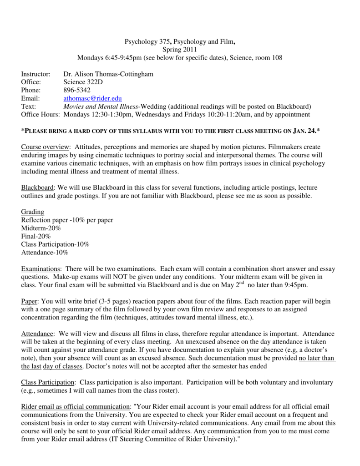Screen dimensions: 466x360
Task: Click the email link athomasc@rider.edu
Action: click(92, 98)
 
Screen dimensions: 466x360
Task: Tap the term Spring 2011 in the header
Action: click(179, 50)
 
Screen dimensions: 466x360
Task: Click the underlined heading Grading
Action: click(33, 212)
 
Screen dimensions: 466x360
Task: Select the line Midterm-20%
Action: click(41, 228)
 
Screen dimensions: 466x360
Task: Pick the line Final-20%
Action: click(36, 236)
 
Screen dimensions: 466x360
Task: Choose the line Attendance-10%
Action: click(45, 253)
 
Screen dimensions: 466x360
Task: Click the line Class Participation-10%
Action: click(55, 244)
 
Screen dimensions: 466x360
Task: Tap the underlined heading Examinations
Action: click(41, 269)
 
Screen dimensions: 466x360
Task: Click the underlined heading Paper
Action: click(30, 302)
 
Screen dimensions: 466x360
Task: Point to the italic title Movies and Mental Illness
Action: click(101, 106)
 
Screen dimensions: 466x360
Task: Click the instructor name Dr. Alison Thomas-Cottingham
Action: click(108, 74)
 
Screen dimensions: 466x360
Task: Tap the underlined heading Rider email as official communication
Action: click(75, 406)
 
